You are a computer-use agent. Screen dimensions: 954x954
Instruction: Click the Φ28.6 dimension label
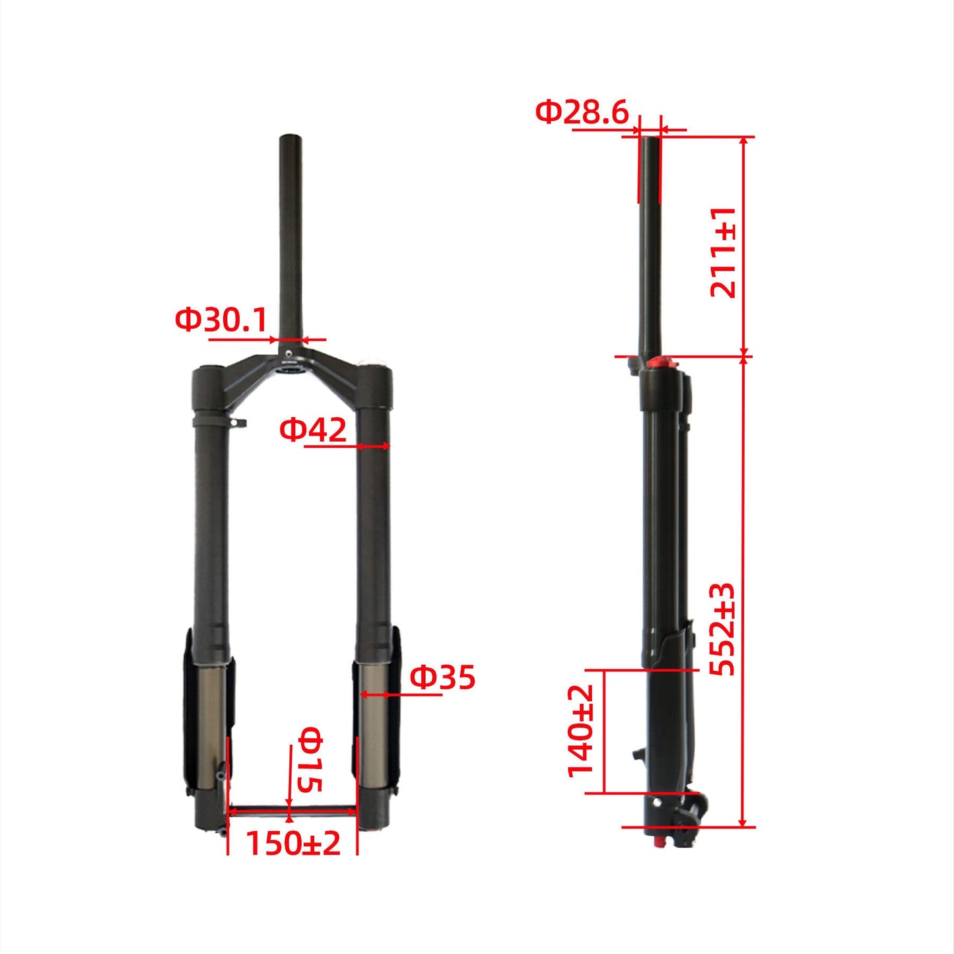pyautogui.click(x=582, y=112)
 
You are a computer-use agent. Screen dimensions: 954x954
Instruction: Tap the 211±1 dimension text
pyautogui.click(x=722, y=252)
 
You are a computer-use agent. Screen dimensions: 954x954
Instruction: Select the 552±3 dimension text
pyautogui.click(x=722, y=629)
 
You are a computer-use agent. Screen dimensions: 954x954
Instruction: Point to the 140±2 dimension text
pyautogui.click(x=582, y=730)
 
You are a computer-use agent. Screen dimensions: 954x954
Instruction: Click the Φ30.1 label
pyautogui.click(x=221, y=320)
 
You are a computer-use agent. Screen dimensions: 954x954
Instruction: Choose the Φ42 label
pyautogui.click(x=312, y=430)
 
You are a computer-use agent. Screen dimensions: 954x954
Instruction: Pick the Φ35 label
pyautogui.click(x=442, y=677)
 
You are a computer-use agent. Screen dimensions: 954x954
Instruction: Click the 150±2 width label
pyautogui.click(x=293, y=843)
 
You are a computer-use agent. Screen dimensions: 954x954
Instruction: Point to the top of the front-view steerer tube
pyautogui.click(x=290, y=138)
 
